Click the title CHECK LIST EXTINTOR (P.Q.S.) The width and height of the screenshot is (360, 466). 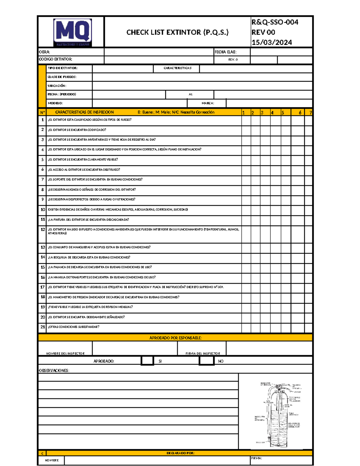tap(177, 32)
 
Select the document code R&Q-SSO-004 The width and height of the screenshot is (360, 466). tap(274, 22)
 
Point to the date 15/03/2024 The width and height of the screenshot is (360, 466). tap(271, 43)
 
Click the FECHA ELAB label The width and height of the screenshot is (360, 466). tap(226, 52)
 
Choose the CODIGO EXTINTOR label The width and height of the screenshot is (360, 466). tap(55, 59)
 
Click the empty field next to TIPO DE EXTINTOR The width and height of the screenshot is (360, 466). tap(123, 68)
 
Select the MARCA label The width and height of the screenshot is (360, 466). tap(208, 103)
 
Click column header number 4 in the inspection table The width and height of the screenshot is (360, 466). tap(272, 113)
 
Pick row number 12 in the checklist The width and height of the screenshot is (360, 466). tap(43, 230)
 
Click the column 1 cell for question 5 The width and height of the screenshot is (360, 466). tap(246, 160)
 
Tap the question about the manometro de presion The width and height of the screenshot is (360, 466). tap(113, 297)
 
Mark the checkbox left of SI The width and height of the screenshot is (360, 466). tap(147, 361)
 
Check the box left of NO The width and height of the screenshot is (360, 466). tap(206, 361)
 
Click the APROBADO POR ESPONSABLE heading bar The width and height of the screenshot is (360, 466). tap(175, 338)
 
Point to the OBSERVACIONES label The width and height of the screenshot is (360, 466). tap(54, 371)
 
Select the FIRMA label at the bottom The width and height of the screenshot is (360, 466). tap(256, 458)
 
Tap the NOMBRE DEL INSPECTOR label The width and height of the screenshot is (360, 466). tap(65, 353)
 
